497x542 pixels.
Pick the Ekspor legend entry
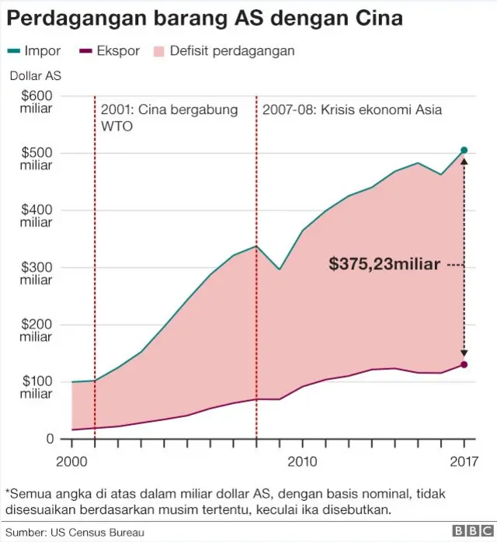click(x=110, y=51)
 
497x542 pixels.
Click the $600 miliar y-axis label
click(x=36, y=102)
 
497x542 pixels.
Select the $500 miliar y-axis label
click(x=36, y=159)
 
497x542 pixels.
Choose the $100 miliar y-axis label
click(x=36, y=388)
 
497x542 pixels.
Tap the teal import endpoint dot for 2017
click(x=464, y=150)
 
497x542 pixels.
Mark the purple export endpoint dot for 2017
click(x=464, y=364)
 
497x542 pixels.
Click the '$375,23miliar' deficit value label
click(x=384, y=264)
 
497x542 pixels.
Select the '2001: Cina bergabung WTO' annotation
click(x=169, y=117)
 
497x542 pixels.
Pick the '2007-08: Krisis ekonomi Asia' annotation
click(x=352, y=110)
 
